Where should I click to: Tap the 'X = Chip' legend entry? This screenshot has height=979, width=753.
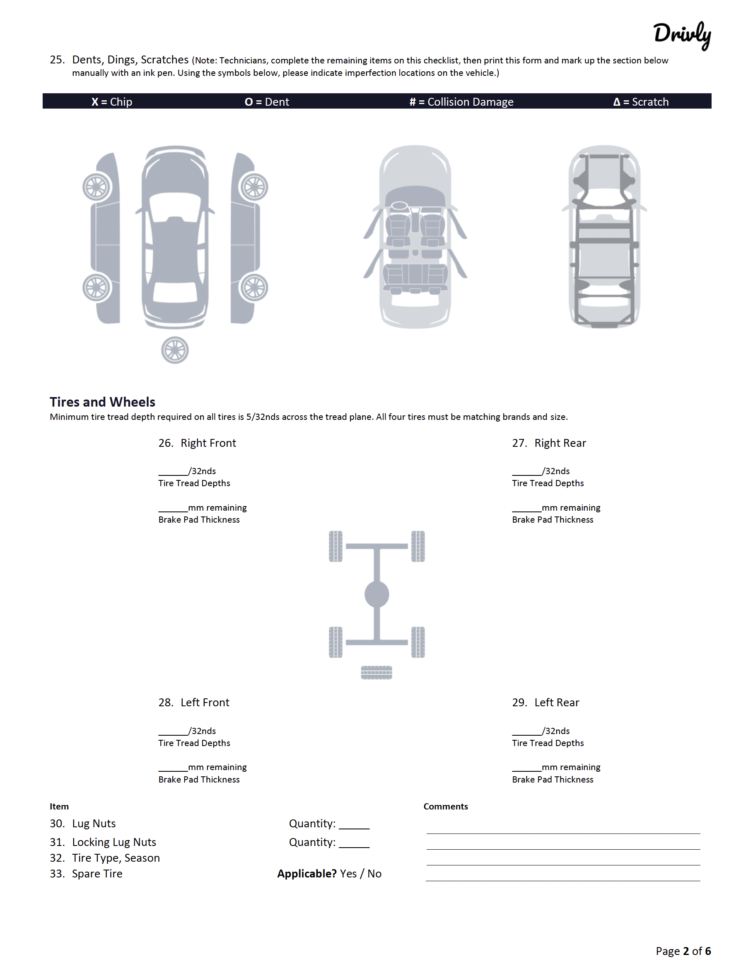pos(111,102)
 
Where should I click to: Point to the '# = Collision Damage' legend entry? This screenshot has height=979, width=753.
pos(461,102)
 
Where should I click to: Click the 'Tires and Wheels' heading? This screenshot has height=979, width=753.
pos(102,401)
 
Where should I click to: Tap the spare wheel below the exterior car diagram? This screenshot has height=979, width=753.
pos(175,350)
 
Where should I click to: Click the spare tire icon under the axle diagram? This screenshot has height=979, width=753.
pos(376,672)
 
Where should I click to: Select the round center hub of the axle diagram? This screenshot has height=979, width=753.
pos(376,594)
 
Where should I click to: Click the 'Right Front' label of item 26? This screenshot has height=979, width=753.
pos(208,443)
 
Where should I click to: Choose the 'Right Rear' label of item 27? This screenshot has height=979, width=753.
pos(560,443)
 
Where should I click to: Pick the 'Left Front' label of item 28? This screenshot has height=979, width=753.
pos(205,703)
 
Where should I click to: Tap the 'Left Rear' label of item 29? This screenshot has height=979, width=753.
pos(556,703)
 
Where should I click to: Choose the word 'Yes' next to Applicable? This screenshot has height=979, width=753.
pos(348,874)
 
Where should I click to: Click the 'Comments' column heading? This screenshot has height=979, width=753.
pos(445,807)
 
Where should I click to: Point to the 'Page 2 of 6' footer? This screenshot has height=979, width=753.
pos(683,951)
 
